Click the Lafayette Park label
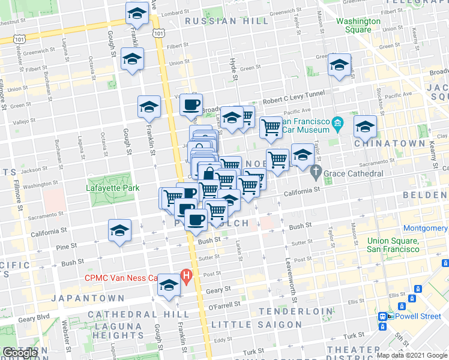[x=112, y=188]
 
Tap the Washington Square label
[x=358, y=25]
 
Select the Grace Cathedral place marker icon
[x=317, y=173]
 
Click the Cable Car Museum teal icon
[x=337, y=125]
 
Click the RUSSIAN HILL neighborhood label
[x=227, y=21]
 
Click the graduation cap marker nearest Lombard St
[x=137, y=14]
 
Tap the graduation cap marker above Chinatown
[x=364, y=127]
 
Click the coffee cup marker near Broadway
[x=191, y=106]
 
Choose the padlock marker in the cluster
[x=208, y=174]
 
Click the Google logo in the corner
[x=20, y=353]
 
